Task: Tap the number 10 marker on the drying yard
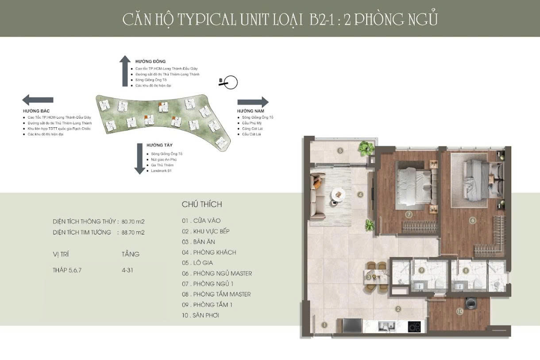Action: coord(459,311)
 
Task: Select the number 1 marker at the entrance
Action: coord(324,325)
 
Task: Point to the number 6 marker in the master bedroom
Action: coord(473,220)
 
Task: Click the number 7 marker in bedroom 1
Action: coord(409,214)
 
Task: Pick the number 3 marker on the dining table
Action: coord(369,277)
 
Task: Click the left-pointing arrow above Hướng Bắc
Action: coord(38,100)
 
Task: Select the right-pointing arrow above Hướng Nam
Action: coord(253,102)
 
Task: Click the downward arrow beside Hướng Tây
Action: coord(139,158)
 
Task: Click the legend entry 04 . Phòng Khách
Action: coord(209,253)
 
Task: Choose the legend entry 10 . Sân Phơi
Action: coord(201,315)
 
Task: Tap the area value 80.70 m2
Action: coord(134,221)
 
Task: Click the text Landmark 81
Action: coord(161,171)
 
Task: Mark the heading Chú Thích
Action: coord(202,204)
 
